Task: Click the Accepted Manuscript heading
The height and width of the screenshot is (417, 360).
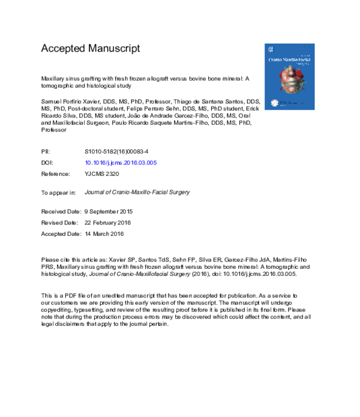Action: click(90, 48)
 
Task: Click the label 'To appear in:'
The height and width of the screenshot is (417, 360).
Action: click(58, 193)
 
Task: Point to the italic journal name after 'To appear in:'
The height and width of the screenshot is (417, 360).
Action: click(138, 193)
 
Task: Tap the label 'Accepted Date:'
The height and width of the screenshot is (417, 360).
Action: click(61, 232)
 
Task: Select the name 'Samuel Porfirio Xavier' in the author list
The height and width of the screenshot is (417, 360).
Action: click(71, 103)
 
